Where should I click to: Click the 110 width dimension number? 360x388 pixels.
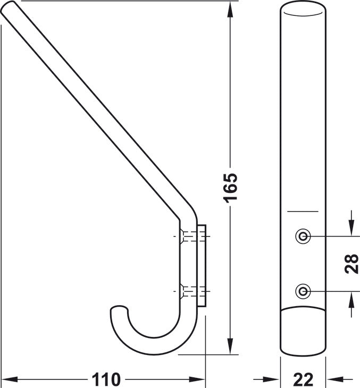coord(106,379)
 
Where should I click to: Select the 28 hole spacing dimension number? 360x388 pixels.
coord(351,264)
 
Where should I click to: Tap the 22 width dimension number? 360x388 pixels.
coord(303,379)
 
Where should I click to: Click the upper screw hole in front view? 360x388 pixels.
coord(303,237)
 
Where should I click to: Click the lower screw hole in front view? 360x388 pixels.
coord(303,291)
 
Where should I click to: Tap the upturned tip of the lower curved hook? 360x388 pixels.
coord(119,309)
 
